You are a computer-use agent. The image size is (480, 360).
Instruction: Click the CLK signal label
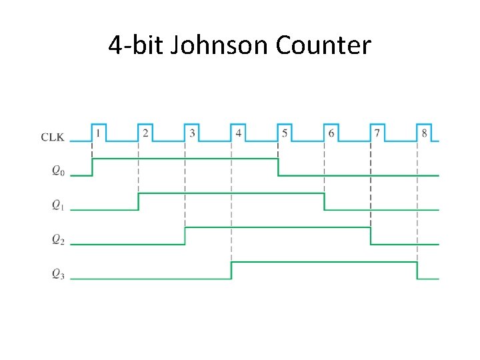53,137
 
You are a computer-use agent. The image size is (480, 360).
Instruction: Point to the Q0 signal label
59,171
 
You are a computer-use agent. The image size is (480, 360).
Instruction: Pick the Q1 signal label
59,205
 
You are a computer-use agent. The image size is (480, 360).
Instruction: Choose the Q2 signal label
59,239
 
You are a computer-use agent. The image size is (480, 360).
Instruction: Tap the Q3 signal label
59,274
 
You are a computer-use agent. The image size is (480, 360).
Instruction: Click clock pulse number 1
99,133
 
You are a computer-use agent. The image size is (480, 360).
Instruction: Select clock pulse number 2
145,133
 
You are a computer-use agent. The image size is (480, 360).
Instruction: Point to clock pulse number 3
192,133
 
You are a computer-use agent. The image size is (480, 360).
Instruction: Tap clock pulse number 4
238,133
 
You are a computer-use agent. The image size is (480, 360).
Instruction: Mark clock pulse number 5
285,133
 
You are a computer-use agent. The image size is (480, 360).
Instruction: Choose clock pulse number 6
331,133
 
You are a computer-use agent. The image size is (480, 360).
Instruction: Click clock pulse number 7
377,133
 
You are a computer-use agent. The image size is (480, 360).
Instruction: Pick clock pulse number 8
424,133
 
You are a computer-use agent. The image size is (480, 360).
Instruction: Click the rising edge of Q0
92,167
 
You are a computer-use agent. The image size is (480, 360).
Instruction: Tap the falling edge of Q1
324,201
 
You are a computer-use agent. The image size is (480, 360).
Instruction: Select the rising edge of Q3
231,270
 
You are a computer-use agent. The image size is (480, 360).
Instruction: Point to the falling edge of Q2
371,236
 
